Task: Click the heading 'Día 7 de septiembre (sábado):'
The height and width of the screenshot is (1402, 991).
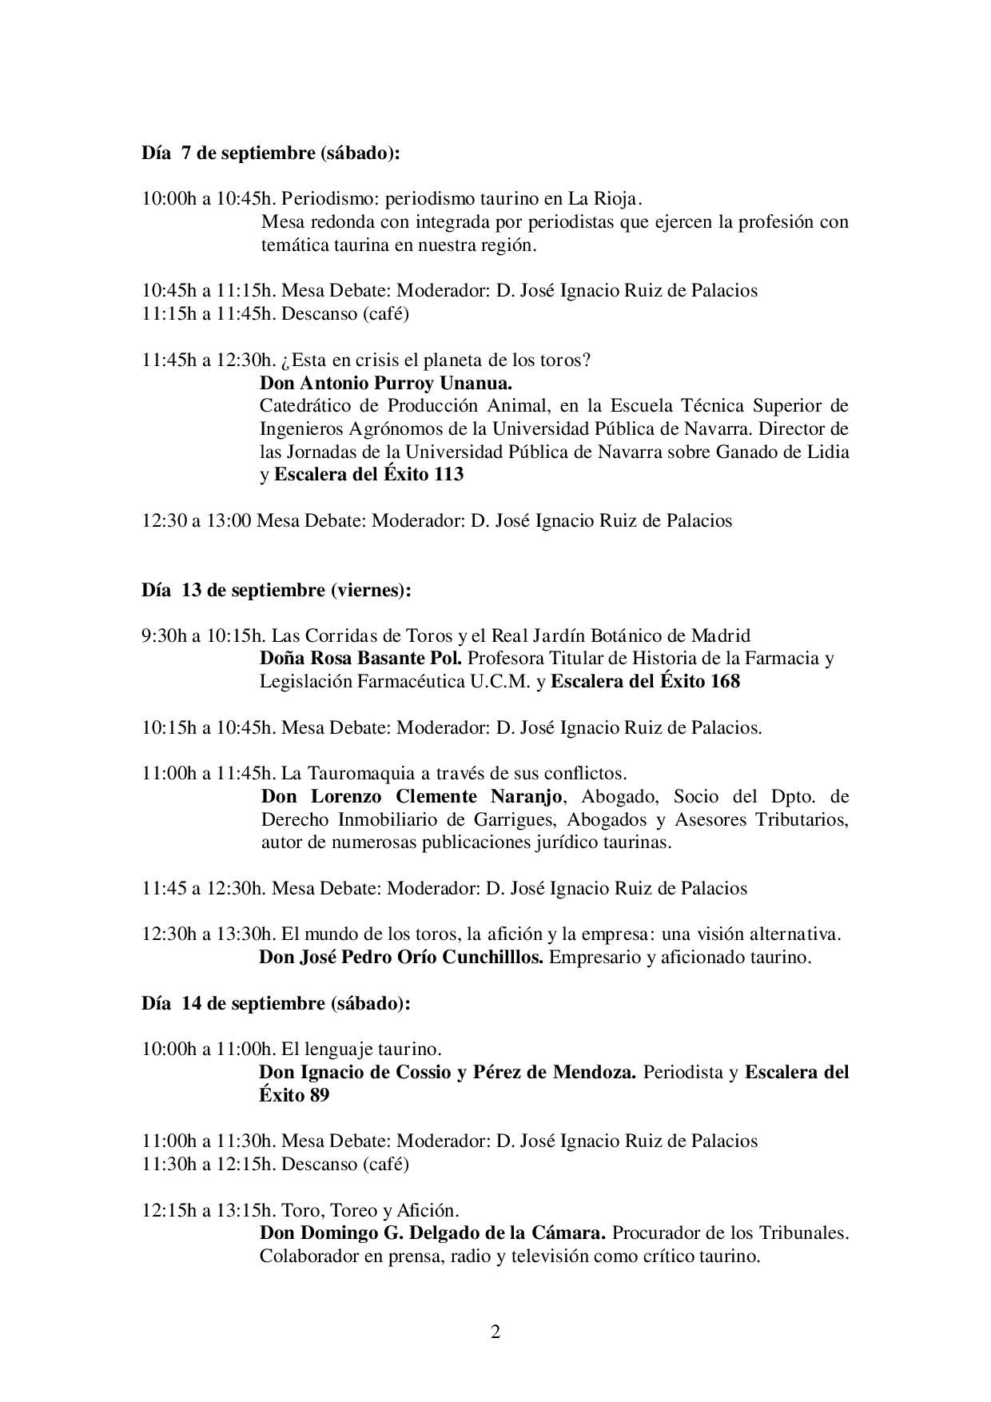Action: pyautogui.click(x=270, y=153)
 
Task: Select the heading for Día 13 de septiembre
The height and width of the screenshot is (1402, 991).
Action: pyautogui.click(x=277, y=590)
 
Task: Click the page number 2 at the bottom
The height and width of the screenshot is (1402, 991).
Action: pyautogui.click(x=495, y=1332)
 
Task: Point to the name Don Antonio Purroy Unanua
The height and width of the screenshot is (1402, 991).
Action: pyautogui.click(x=386, y=383)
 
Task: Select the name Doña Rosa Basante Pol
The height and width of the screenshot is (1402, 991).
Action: pyautogui.click(x=360, y=659)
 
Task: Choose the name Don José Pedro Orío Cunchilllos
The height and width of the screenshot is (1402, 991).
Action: pyautogui.click(x=401, y=957)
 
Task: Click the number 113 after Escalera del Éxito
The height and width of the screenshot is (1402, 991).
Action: pyautogui.click(x=447, y=474)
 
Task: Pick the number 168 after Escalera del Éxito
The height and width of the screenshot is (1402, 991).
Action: pyautogui.click(x=723, y=682)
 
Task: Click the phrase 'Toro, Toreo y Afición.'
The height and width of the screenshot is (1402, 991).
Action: pyautogui.click(x=370, y=1209)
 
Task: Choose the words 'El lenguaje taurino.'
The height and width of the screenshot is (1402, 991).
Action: pyautogui.click(x=361, y=1048)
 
